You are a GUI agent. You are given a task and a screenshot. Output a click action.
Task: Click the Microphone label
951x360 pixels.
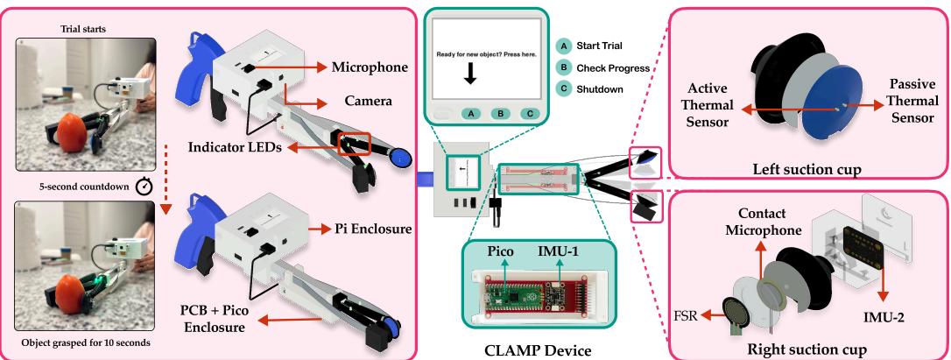click(x=368, y=67)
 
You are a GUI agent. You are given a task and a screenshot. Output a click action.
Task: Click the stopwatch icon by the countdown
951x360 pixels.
click(x=145, y=185)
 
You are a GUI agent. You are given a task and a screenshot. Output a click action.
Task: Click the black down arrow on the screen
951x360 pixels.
click(x=470, y=75)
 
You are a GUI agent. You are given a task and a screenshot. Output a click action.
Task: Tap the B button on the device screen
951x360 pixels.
click(x=499, y=113)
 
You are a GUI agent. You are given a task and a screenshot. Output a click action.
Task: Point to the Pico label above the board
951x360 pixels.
click(x=501, y=249)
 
